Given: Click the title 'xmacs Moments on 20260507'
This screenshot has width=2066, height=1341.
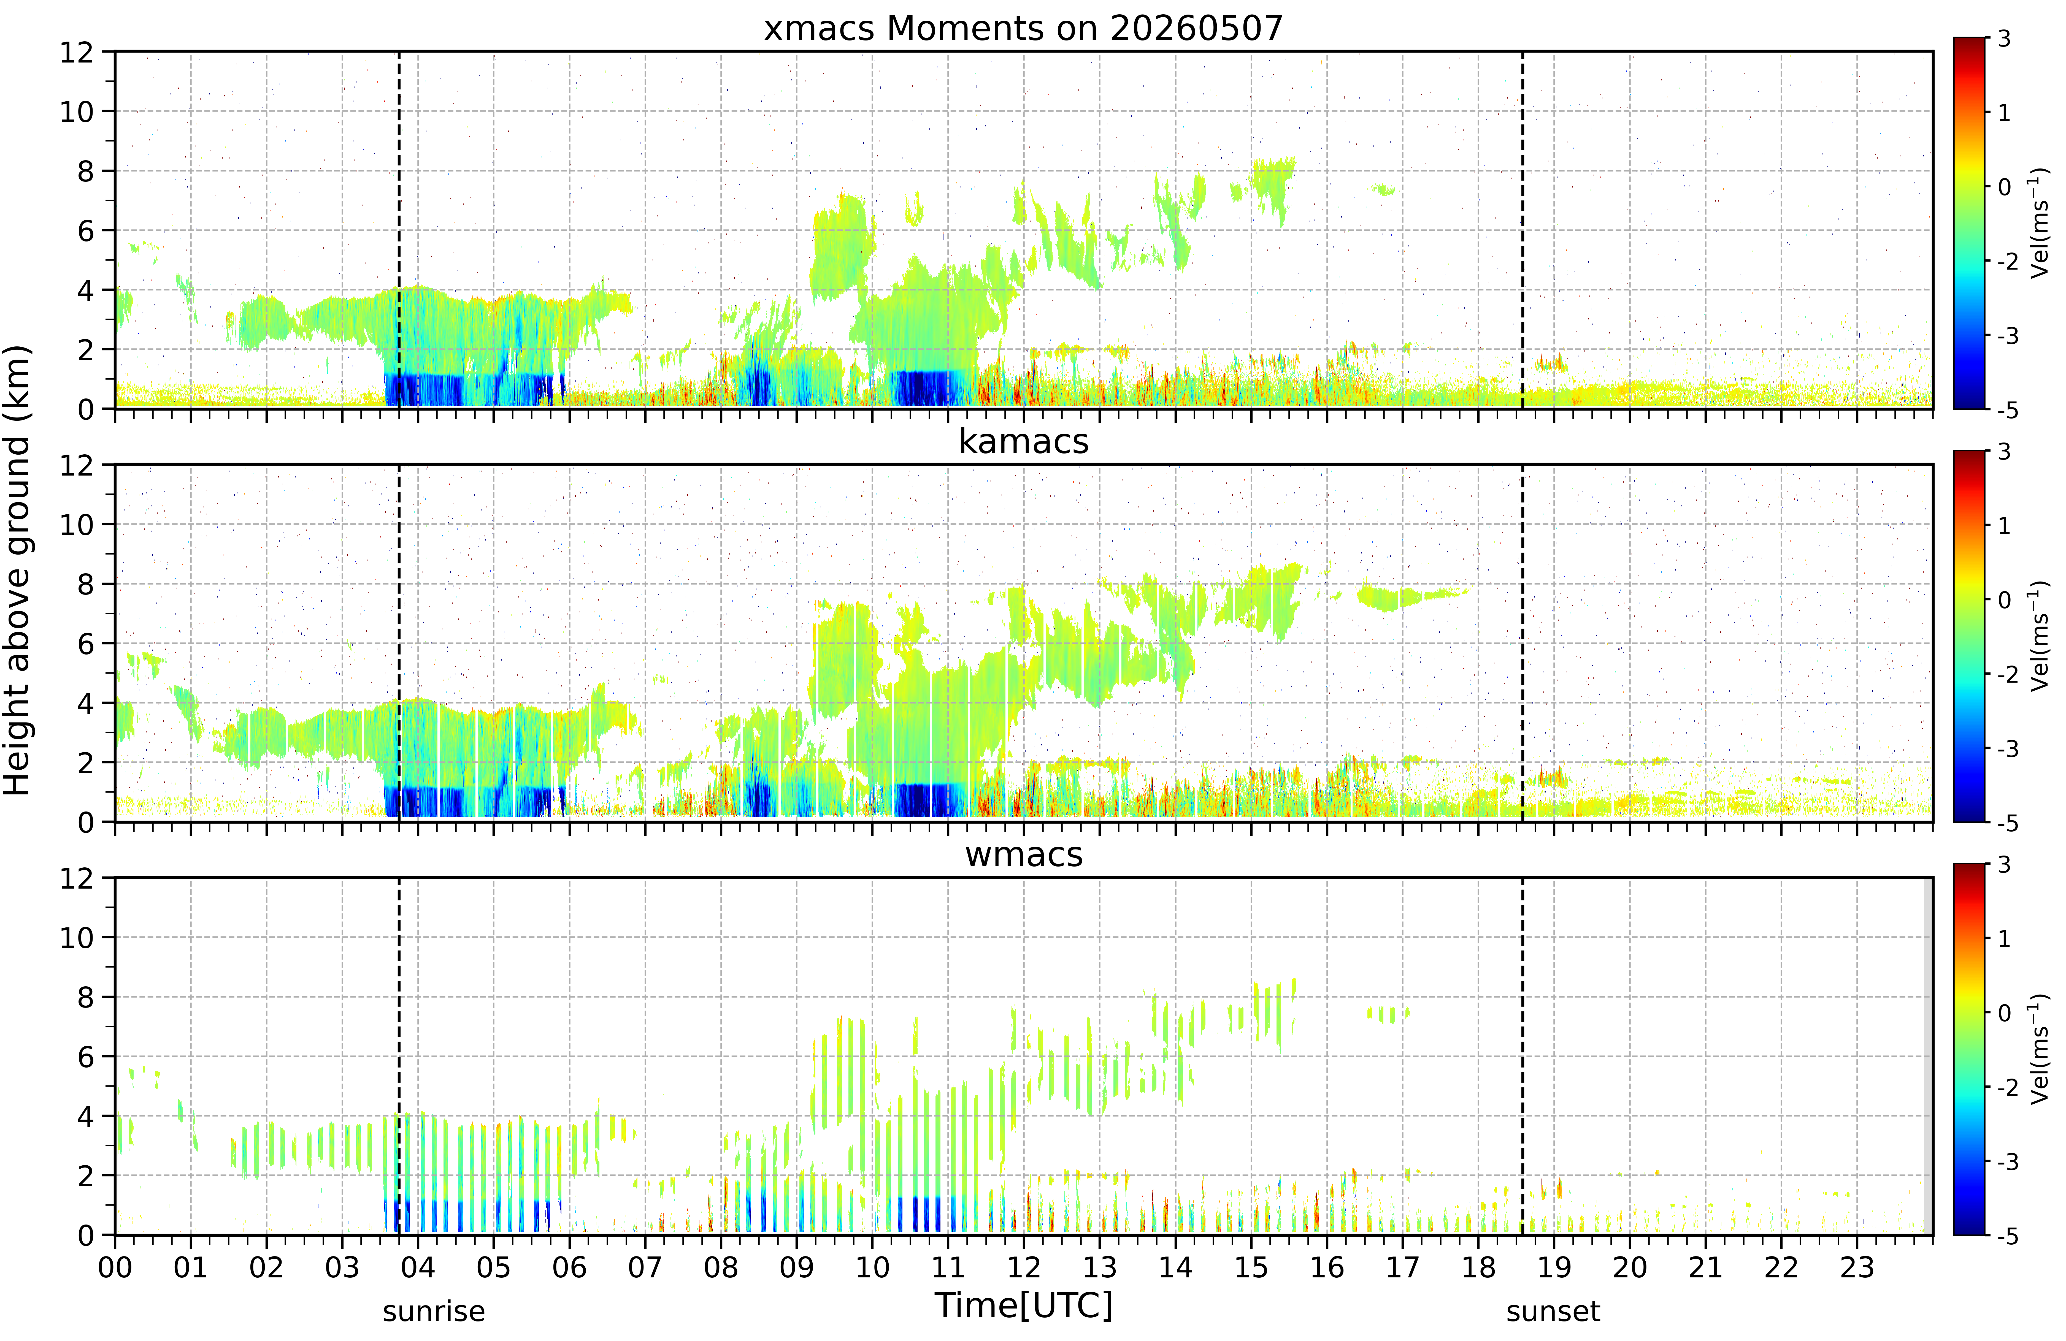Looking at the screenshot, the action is [x=1023, y=29].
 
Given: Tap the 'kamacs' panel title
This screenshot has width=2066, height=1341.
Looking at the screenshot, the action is [x=1023, y=442].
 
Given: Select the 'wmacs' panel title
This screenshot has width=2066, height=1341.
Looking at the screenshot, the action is [x=1023, y=855].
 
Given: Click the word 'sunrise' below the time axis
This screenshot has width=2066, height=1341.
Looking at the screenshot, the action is [x=434, y=1312].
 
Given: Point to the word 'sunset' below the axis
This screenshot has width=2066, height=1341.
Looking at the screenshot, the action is [x=1553, y=1312].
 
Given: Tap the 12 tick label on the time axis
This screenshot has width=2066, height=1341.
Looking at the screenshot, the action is [x=1023, y=1268].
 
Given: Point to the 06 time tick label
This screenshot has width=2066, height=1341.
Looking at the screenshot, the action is [x=569, y=1268].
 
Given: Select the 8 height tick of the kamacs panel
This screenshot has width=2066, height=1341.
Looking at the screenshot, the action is [x=85, y=584].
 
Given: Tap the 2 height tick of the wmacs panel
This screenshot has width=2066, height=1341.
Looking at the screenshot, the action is [x=85, y=1176].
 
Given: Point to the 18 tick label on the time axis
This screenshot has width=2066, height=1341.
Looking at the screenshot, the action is [x=1478, y=1268].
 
